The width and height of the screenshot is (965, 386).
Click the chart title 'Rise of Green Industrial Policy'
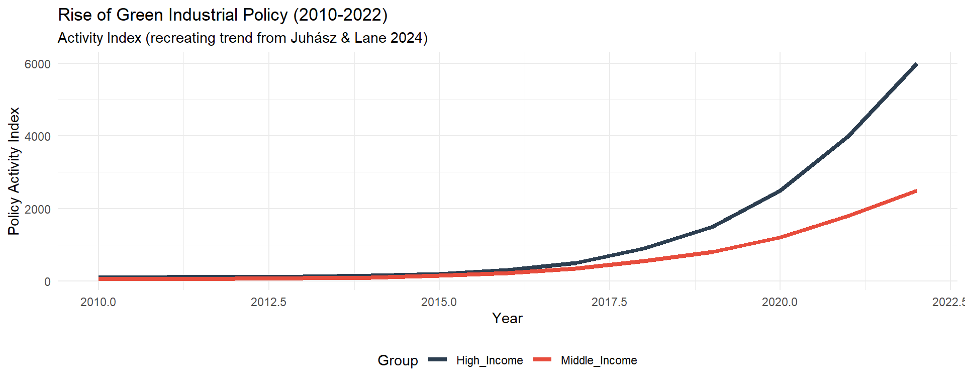(x=223, y=15)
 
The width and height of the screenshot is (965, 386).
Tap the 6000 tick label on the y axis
(x=38, y=64)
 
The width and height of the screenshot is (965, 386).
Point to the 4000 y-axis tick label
(x=38, y=137)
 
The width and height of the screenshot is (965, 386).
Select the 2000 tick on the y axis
(x=38, y=209)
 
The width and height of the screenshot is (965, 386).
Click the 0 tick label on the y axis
(x=47, y=282)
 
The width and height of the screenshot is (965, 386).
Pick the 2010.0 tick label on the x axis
(x=98, y=302)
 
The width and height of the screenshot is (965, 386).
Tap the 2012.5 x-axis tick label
(x=268, y=302)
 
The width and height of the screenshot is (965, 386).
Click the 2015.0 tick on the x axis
(x=439, y=302)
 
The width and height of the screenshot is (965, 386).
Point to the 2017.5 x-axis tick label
(x=609, y=302)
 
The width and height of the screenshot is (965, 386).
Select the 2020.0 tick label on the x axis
(x=780, y=302)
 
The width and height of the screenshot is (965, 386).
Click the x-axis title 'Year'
(x=507, y=319)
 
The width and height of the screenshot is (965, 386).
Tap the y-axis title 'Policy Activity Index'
(x=14, y=171)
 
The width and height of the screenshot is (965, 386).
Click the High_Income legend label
(x=490, y=360)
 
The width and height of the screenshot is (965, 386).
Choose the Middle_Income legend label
(x=599, y=360)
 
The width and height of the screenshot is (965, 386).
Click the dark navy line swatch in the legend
(x=438, y=360)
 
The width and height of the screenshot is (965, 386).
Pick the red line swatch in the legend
(x=542, y=360)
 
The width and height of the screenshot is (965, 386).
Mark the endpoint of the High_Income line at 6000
(x=916, y=64)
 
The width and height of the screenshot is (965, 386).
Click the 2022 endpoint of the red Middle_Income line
(x=916, y=191)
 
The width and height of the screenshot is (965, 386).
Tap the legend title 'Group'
(x=398, y=360)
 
